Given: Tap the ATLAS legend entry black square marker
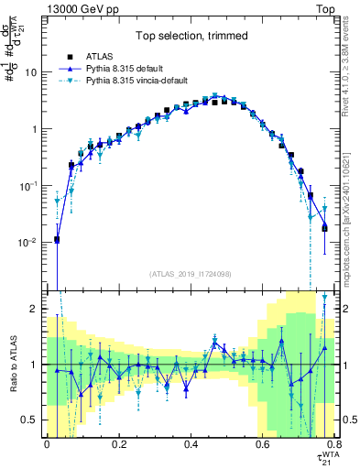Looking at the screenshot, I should click(x=70, y=57).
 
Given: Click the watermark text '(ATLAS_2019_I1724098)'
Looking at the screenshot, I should click(x=190, y=273).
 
